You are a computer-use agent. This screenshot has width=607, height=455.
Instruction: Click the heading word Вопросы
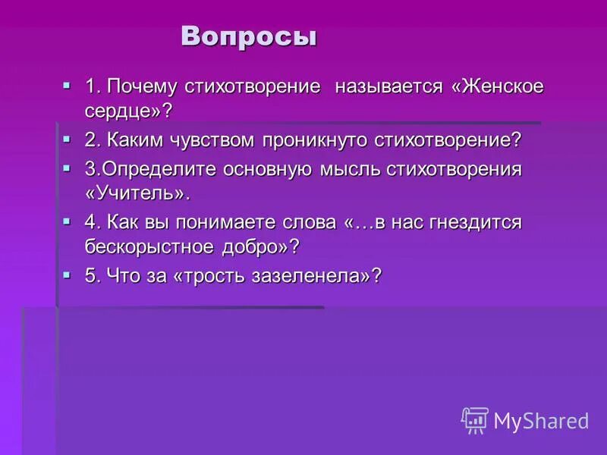249,37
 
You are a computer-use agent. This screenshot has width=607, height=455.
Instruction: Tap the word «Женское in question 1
496,86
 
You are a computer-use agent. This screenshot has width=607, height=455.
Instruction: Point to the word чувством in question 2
213,140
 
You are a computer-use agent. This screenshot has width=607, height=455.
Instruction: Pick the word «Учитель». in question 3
136,193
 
